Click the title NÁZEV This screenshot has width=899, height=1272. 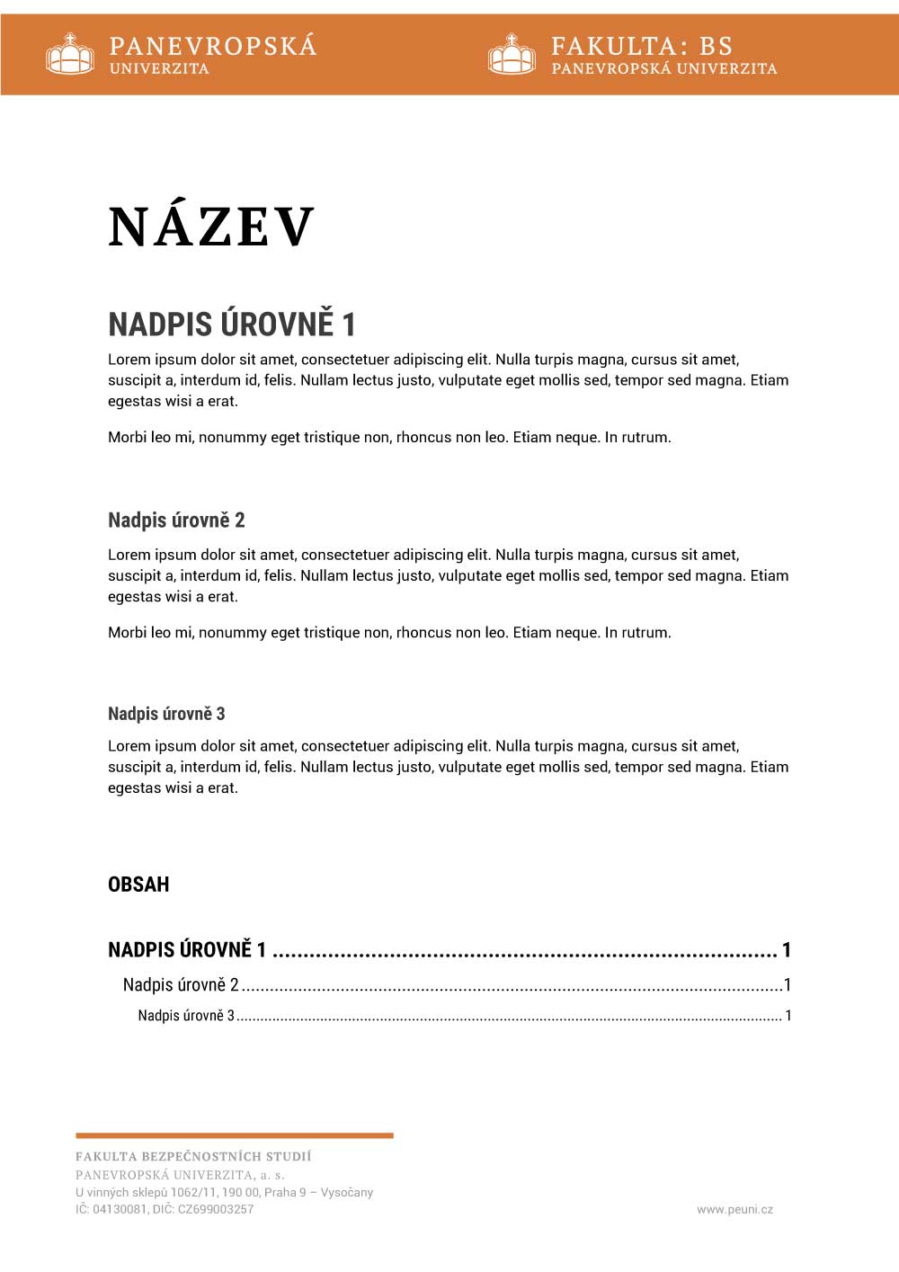coord(211,227)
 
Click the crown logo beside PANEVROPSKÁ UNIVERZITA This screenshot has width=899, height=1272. coord(70,54)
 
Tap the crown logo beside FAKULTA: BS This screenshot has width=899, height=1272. coord(512,54)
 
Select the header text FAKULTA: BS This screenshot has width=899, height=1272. coord(642,46)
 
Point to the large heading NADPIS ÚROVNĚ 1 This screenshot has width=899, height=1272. coord(232,324)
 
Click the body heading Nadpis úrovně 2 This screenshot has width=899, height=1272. coord(176,520)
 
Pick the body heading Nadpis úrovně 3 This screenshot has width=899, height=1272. coord(166,714)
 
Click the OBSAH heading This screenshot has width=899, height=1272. coord(138,885)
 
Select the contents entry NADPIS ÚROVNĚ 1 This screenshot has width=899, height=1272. coord(187,950)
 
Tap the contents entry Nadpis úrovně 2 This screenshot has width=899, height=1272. coord(181,985)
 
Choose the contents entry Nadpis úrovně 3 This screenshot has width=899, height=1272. coord(186,1016)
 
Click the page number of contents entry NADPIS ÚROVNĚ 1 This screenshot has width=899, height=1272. coord(787,950)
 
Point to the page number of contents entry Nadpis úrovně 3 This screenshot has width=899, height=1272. coord(788,1016)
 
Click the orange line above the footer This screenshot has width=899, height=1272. coord(235,1135)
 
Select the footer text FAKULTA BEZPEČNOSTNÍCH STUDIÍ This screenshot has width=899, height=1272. coord(193,1157)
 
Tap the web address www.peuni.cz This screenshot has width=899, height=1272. coord(734,1210)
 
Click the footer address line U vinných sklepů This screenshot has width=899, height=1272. coord(224,1193)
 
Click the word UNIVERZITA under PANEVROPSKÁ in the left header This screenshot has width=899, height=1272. coord(159,69)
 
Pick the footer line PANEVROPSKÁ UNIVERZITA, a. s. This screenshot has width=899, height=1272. coord(180,1175)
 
